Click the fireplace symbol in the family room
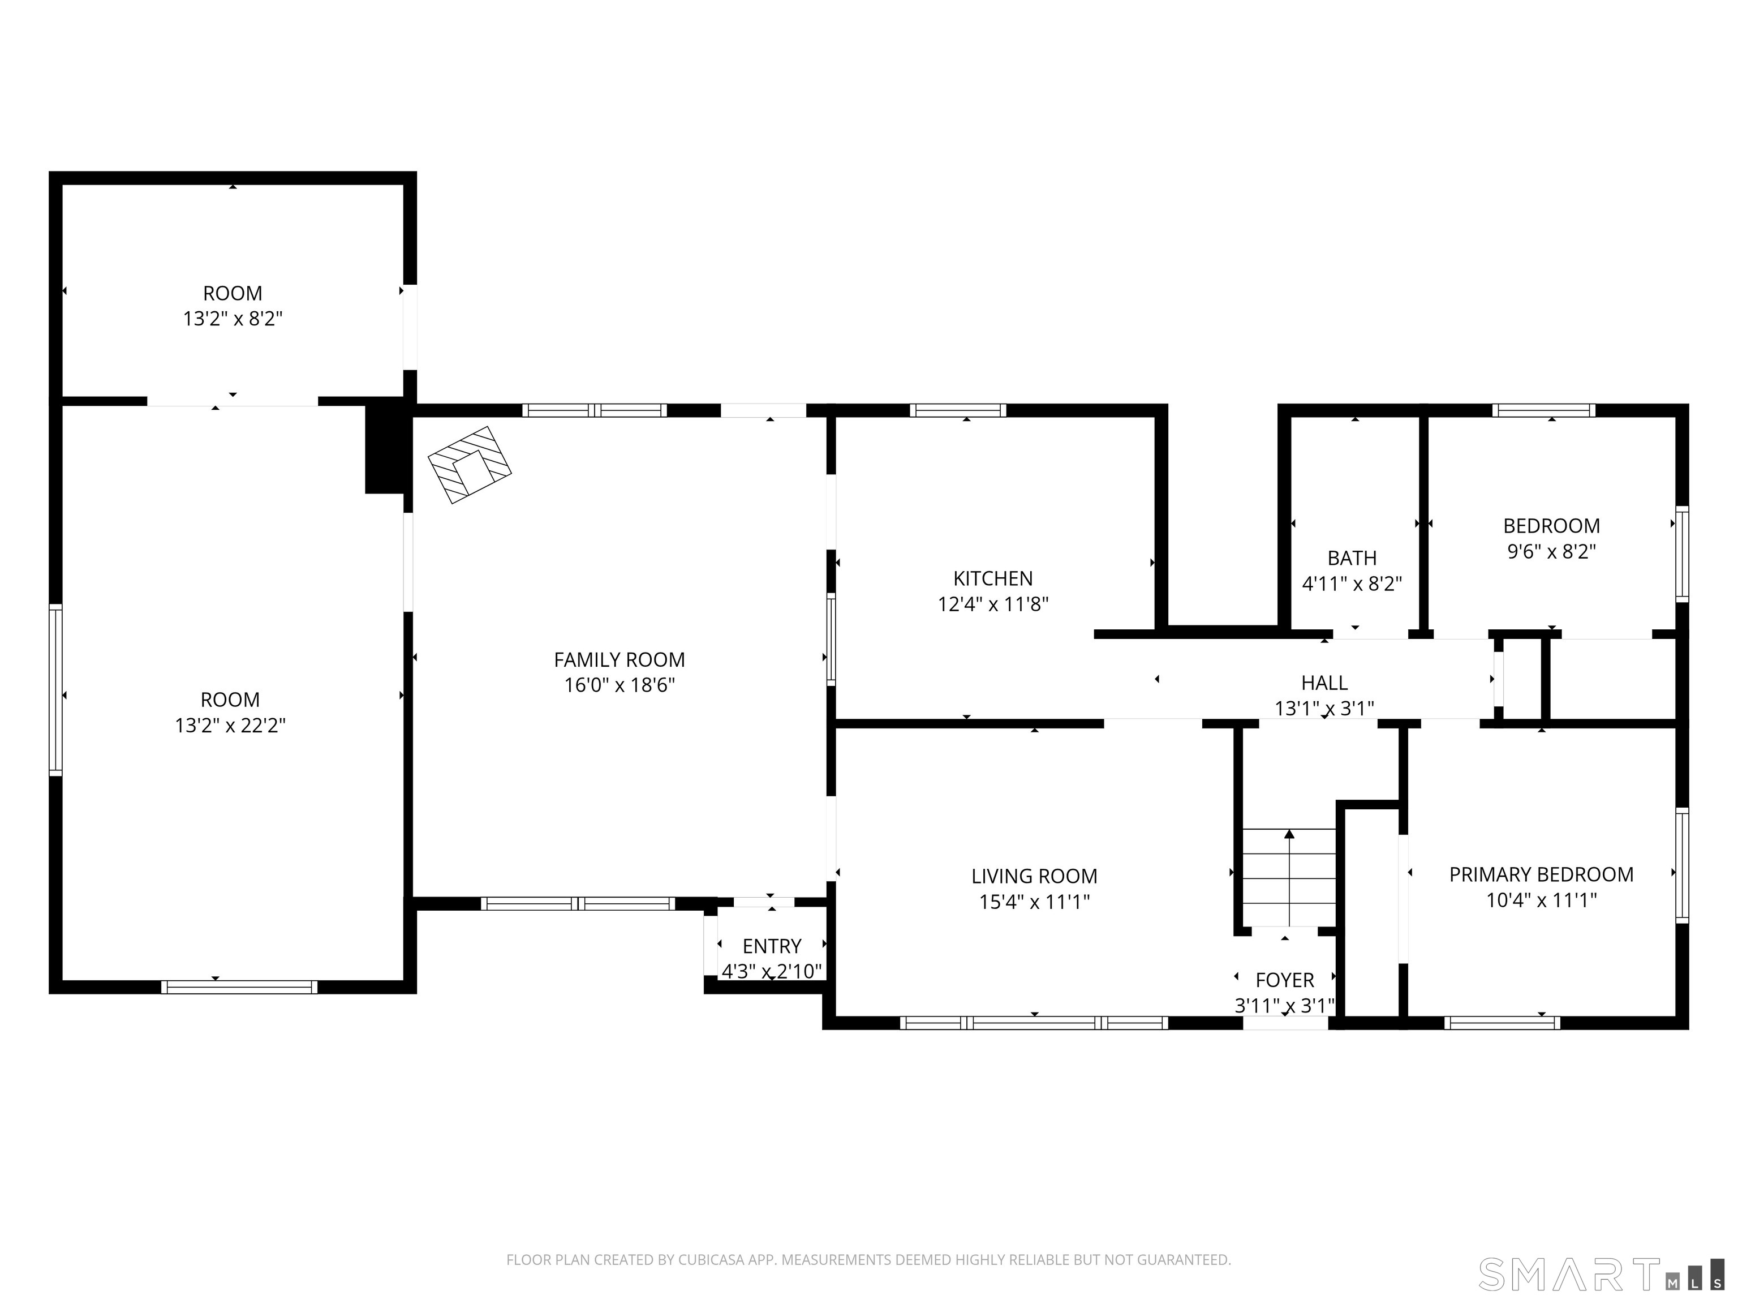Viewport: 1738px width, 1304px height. [469, 465]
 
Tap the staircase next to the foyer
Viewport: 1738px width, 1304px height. [1289, 877]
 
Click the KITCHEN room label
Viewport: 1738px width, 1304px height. [992, 578]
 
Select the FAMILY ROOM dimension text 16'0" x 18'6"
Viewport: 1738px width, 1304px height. [619, 685]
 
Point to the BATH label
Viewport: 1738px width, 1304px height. [1352, 558]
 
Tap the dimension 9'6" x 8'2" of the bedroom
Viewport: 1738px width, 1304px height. [1551, 552]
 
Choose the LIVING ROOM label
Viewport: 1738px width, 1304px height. [1034, 876]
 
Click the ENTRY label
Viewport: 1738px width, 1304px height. [772, 946]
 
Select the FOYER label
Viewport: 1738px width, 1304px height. [1285, 980]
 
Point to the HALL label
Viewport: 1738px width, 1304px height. [1324, 683]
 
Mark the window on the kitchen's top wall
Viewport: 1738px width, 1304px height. [958, 410]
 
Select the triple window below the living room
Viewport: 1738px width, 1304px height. [1034, 1023]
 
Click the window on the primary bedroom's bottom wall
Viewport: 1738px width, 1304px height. [1502, 1023]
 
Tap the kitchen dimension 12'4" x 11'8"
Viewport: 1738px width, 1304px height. [992, 604]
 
